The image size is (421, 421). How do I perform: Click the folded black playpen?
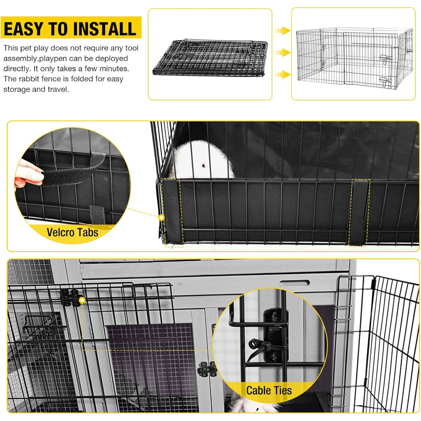(210, 57)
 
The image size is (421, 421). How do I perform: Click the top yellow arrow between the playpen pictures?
(283, 31)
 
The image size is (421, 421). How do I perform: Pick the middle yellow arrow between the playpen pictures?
(283, 53)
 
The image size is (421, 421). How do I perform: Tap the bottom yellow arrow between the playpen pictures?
(283, 74)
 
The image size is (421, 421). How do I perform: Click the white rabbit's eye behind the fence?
(203, 165)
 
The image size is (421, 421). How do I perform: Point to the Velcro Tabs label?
(72, 232)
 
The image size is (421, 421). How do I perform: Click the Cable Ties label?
(269, 390)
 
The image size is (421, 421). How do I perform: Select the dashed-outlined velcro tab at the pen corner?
(172, 212)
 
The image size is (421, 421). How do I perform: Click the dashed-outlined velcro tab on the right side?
(359, 212)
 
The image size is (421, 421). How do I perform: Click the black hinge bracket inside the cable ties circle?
(276, 335)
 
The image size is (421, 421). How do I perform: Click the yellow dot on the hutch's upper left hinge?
(82, 300)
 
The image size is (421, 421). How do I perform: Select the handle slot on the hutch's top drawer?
(295, 282)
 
